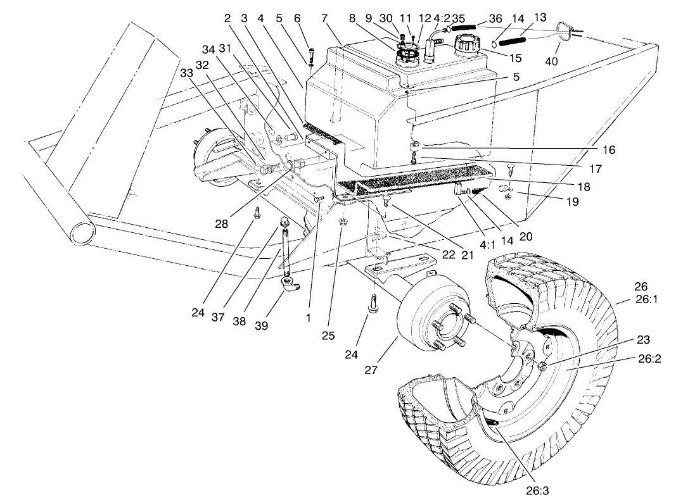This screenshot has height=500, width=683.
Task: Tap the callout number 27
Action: tap(372, 370)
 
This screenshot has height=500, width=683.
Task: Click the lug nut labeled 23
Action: tap(543, 366)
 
